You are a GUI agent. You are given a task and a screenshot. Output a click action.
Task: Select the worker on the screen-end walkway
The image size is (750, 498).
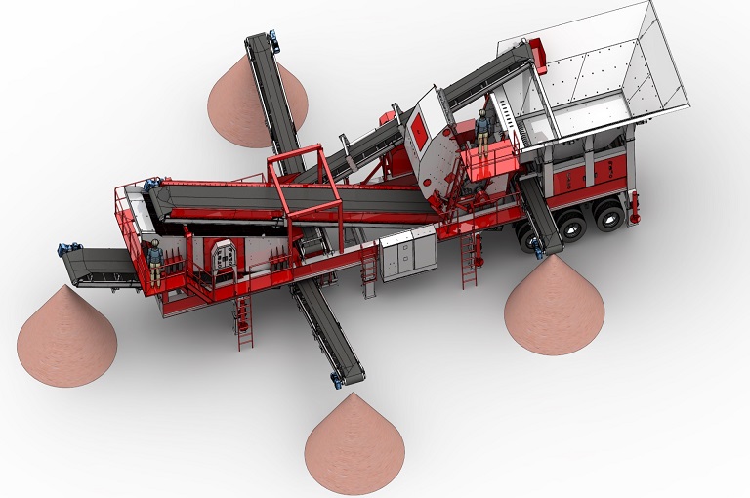tap(154, 261)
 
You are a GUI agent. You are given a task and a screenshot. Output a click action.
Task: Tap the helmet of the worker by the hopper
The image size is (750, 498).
tap(481, 114)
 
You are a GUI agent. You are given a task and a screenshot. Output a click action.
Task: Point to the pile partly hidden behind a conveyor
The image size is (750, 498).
tap(244, 103)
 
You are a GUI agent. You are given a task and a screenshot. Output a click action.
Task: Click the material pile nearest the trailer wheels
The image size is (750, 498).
tap(554, 305)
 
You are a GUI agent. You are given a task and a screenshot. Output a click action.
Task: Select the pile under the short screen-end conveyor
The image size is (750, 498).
tap(66, 337)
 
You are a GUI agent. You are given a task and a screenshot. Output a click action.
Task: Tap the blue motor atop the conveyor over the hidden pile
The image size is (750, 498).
tap(273, 41)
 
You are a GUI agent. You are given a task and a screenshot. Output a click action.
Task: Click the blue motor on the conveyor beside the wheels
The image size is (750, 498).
tap(537, 252)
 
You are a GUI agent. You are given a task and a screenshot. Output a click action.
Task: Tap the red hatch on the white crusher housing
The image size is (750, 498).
tap(417, 127)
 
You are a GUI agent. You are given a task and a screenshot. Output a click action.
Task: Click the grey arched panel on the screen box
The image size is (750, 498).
tap(223, 257)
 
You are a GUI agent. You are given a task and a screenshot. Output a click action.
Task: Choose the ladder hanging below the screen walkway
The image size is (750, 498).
tap(242, 322)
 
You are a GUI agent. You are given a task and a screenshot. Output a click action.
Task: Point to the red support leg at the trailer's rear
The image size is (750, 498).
tap(634, 205)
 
